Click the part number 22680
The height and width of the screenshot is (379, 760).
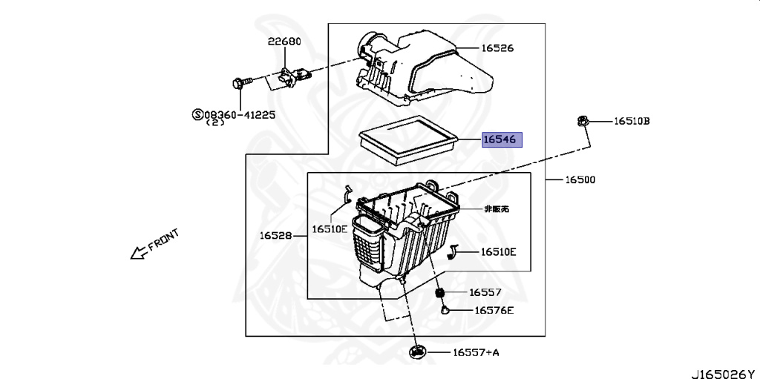tap(285, 42)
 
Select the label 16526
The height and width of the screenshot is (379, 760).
tap(497, 48)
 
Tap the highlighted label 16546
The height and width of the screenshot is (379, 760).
tap(502, 139)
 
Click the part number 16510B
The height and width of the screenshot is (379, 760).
tap(631, 121)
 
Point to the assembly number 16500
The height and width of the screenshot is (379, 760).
tap(579, 179)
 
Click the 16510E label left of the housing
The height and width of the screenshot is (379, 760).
tap(329, 229)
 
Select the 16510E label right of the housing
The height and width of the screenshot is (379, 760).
tap(498, 252)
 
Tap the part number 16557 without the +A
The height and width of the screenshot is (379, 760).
tap(485, 292)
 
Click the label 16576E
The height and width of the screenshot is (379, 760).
tap(494, 310)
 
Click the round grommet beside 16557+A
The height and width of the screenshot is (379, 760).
tap(418, 352)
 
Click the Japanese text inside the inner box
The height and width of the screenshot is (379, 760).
tap(497, 210)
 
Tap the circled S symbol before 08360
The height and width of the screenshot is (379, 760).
tap(197, 114)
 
